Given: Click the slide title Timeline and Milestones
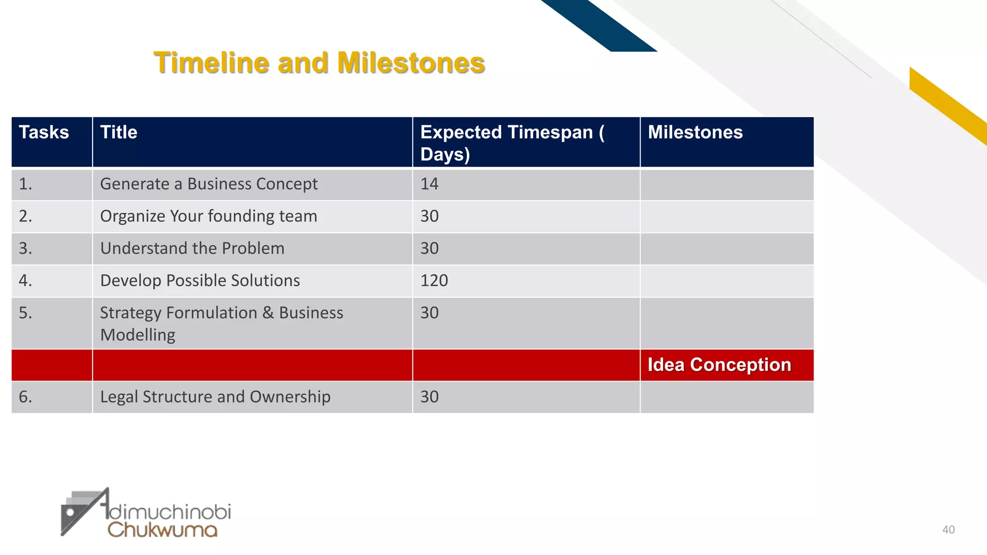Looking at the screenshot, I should click(319, 63).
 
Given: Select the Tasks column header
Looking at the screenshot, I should click(44, 132).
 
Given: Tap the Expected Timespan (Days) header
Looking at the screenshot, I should click(512, 143).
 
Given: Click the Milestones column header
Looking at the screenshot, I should click(695, 132).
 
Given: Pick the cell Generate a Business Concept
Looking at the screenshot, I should click(209, 184).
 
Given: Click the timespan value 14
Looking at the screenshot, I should click(429, 184).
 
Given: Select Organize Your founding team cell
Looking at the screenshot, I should click(209, 216).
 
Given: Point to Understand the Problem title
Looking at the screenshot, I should click(192, 249).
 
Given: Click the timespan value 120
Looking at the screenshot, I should click(434, 281).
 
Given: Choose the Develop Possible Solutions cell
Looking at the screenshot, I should click(200, 281).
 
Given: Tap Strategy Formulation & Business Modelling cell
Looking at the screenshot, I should click(221, 324).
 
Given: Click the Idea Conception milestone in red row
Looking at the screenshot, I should click(719, 365).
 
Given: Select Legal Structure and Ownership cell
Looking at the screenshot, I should click(215, 397).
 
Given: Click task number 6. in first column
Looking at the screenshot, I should click(26, 397).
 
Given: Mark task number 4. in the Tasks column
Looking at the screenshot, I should click(26, 281).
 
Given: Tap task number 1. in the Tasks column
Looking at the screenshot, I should click(26, 184).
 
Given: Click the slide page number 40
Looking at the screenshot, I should click(948, 530).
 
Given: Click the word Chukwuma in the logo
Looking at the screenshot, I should click(162, 530).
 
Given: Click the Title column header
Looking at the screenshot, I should click(119, 132).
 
